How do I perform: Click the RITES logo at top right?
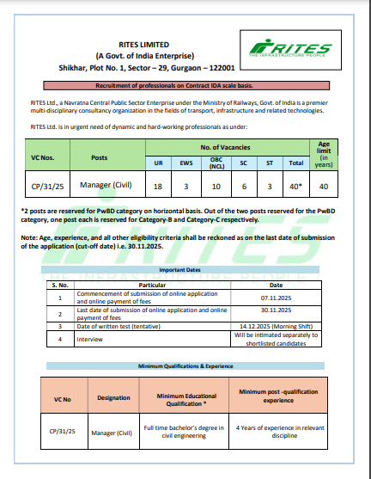285,50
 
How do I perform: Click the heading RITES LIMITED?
144,43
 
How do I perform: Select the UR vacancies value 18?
158,185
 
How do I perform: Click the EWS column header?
187,162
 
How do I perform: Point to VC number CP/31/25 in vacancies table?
46,185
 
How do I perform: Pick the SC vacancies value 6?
244,185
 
